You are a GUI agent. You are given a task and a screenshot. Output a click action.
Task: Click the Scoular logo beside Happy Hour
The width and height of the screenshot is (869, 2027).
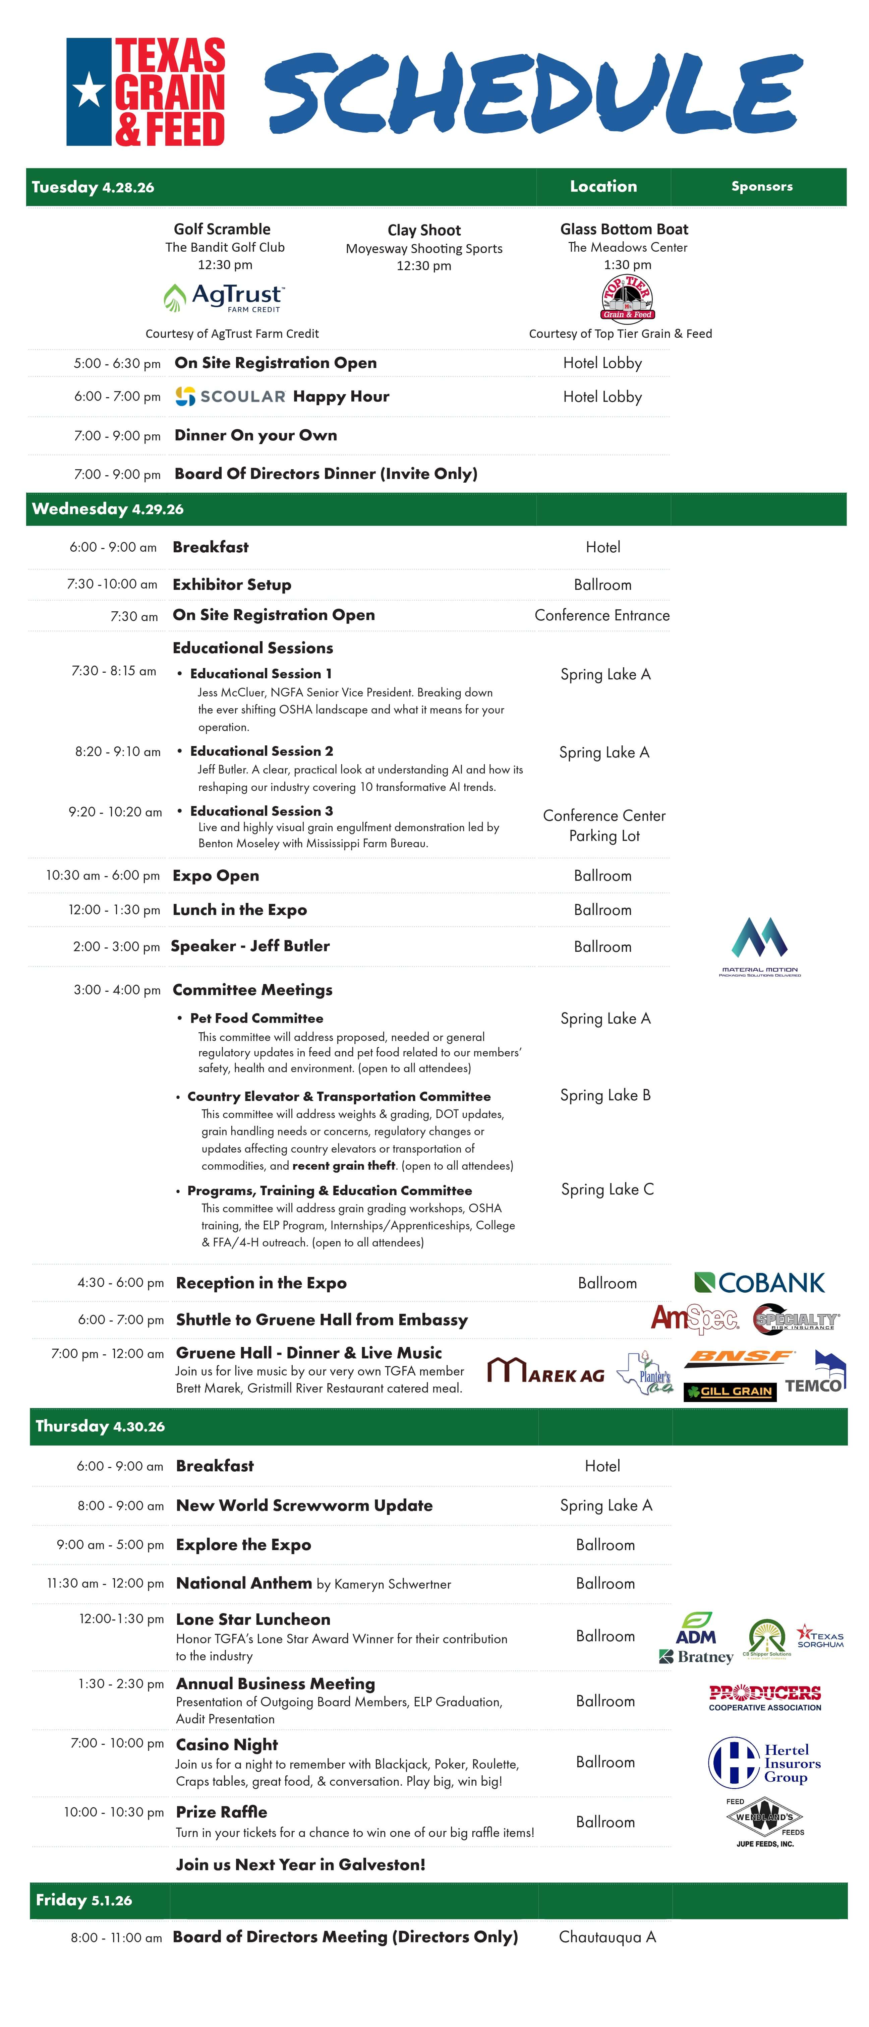(x=230, y=396)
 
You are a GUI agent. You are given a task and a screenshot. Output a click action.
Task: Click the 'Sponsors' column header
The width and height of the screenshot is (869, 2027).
(x=761, y=186)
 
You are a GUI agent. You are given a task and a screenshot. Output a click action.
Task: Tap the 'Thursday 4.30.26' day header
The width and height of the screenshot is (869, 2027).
(x=100, y=1426)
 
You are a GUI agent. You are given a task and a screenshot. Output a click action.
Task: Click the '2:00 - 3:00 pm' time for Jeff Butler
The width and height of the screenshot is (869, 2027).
(x=116, y=946)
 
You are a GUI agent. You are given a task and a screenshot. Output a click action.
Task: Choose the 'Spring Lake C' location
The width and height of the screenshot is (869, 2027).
(x=607, y=1189)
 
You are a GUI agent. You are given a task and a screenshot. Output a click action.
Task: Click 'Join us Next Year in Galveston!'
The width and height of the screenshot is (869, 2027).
(x=300, y=1864)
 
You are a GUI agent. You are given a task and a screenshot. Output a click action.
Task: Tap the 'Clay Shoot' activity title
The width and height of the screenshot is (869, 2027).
(x=423, y=230)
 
